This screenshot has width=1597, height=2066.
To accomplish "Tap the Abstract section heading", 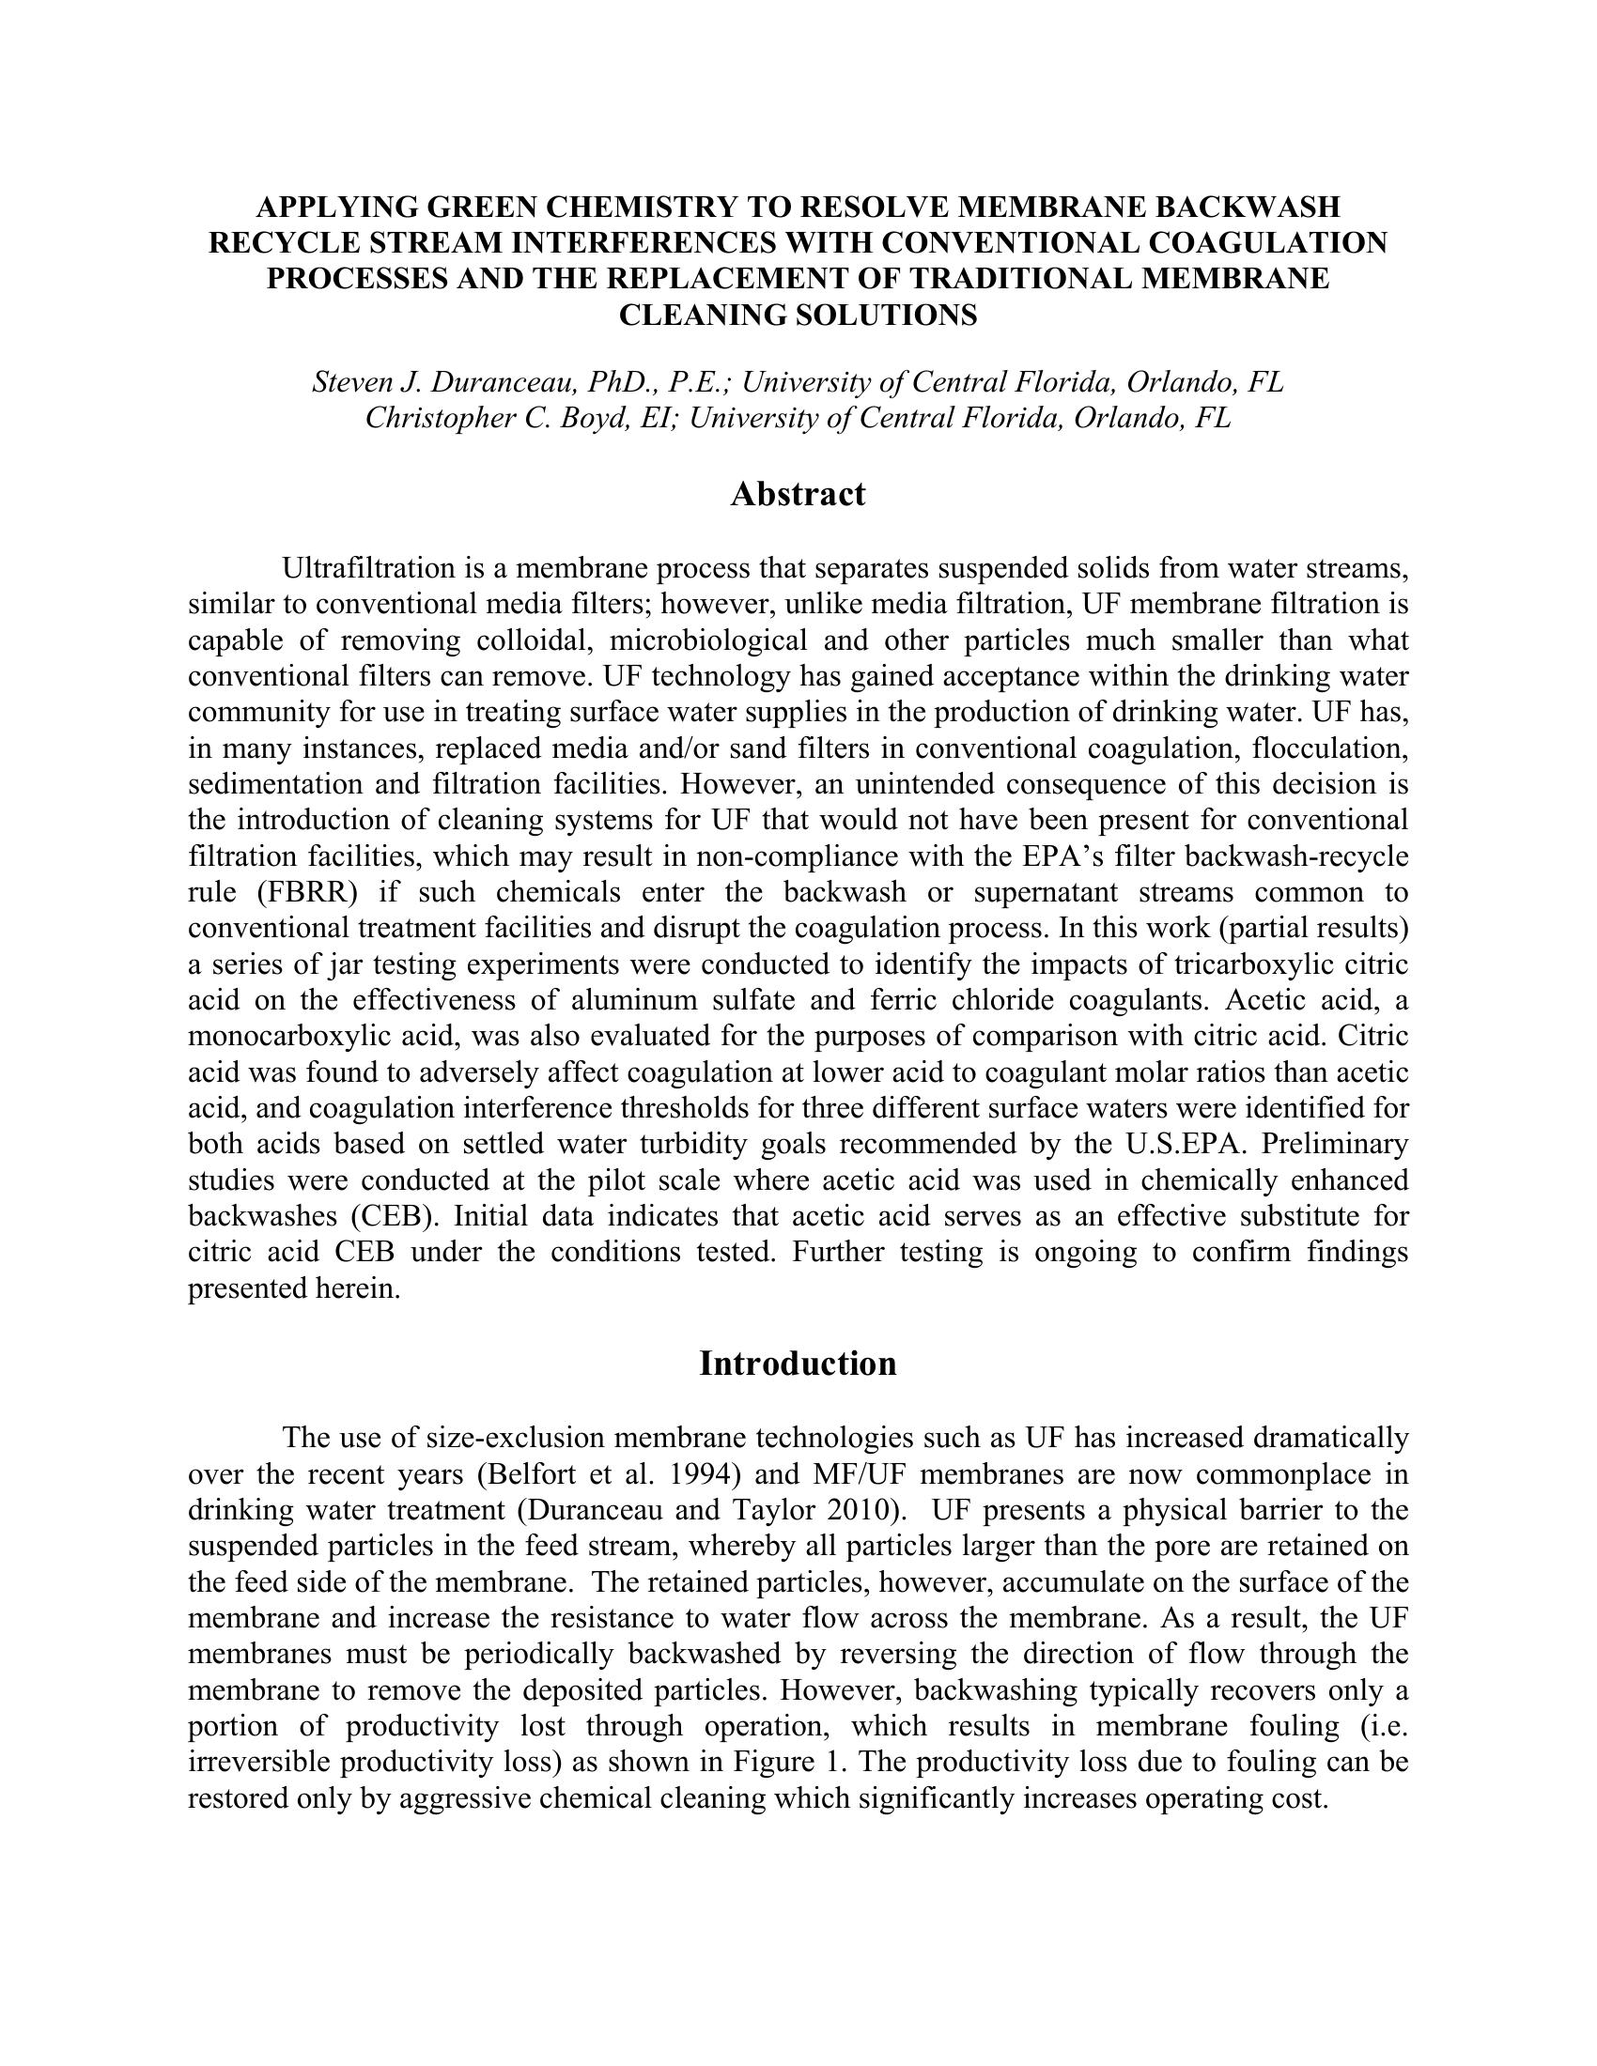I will [798, 494].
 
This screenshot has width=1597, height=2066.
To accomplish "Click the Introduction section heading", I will [798, 1364].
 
